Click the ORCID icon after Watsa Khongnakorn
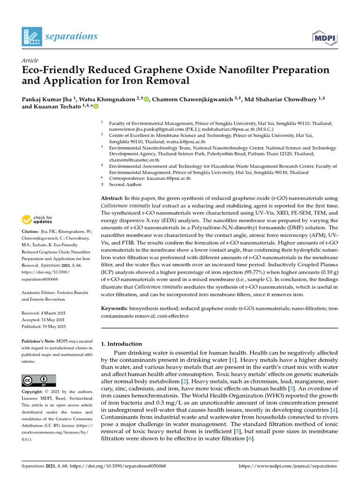pos(147,99)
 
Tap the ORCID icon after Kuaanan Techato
pos(97,107)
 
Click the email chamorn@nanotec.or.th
pos(134,160)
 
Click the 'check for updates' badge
pos(37,219)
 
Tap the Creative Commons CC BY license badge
pos(39,380)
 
